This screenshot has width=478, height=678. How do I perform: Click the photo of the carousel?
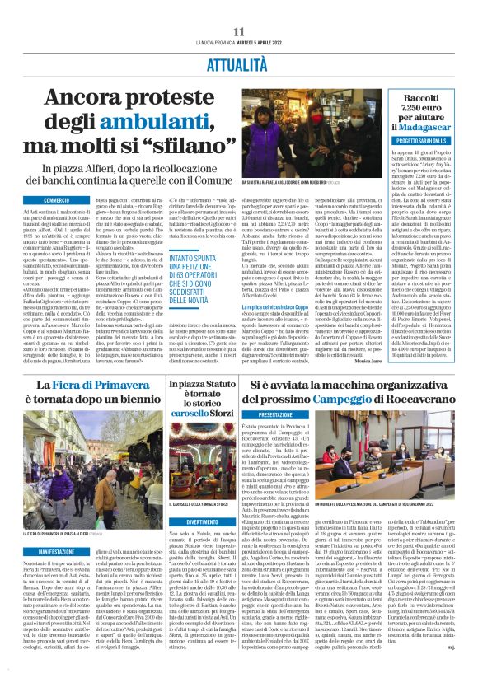(198, 479)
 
